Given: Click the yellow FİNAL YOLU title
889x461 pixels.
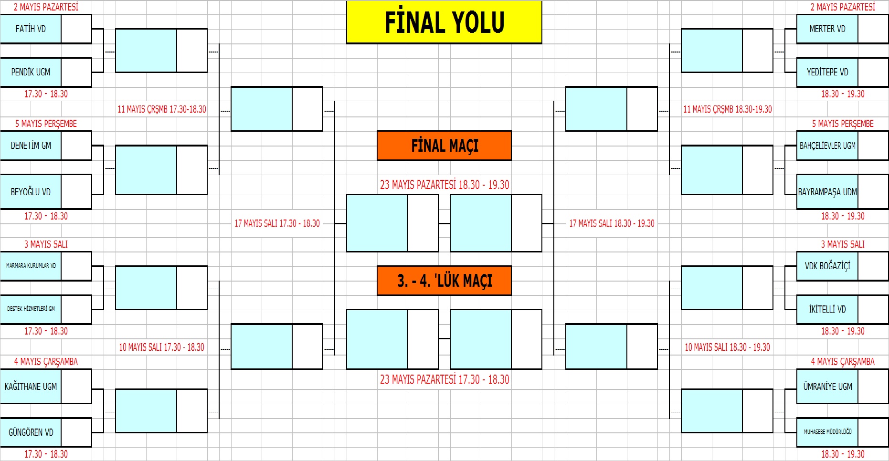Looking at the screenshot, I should (x=444, y=22).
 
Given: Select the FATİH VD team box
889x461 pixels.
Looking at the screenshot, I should (x=31, y=29).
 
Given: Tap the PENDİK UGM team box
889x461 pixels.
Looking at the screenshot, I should (x=31, y=72).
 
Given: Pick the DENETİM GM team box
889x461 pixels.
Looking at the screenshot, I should (x=31, y=146).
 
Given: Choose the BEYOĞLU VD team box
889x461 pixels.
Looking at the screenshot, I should (x=31, y=192).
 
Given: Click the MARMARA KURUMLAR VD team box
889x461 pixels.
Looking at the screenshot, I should (x=31, y=265).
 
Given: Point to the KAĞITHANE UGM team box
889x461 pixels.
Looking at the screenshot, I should (x=31, y=387).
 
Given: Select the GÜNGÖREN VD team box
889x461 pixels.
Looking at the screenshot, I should (x=31, y=432).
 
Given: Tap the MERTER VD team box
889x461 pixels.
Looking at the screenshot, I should (x=827, y=29).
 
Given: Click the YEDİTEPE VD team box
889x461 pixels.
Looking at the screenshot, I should (x=827, y=72).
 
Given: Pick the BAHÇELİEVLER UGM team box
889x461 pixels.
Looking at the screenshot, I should (x=827, y=146).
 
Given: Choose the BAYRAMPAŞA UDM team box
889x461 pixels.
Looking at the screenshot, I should (x=827, y=192).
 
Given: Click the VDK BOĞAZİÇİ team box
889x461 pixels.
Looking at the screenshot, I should (x=827, y=266).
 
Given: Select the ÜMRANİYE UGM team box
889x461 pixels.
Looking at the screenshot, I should (x=827, y=387).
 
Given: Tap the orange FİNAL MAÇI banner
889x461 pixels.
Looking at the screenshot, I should (x=444, y=146).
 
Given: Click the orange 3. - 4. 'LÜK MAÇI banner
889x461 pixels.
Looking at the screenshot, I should (x=444, y=281).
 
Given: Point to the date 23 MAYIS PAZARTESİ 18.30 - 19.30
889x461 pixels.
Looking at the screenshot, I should (x=444, y=185).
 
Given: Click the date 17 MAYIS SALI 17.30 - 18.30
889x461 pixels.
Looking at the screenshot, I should (x=277, y=223).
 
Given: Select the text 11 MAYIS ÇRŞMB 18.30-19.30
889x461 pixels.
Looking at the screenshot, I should (x=727, y=109).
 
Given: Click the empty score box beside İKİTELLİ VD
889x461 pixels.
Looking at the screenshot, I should (x=873, y=309).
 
